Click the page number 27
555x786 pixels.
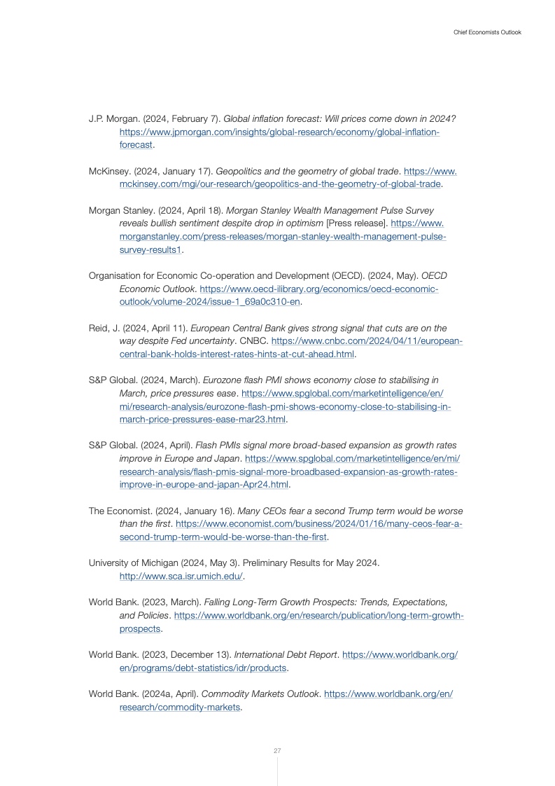coord(277,751)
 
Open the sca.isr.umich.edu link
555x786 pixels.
coord(181,577)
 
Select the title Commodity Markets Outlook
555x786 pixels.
coord(259,694)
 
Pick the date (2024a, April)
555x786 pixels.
coord(169,694)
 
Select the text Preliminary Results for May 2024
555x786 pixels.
coord(311,563)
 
